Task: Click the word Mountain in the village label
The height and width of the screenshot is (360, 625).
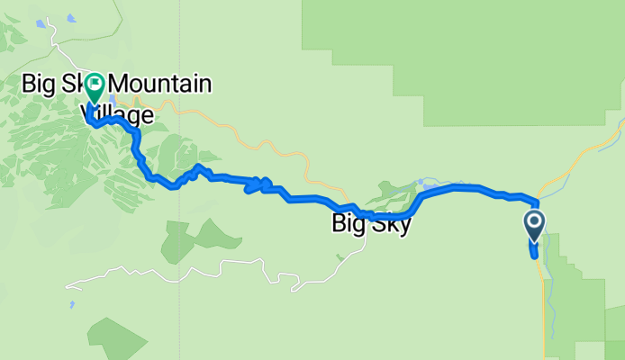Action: (161, 85)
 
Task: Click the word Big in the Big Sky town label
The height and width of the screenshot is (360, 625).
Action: (348, 223)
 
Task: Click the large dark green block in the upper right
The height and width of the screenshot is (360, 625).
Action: (468, 54)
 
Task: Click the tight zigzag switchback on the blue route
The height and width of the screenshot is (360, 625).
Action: (258, 185)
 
